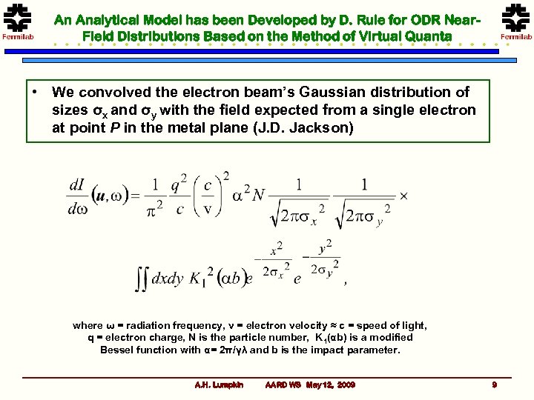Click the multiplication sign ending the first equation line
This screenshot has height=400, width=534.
point(403,196)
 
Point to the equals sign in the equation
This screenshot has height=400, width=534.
point(133,196)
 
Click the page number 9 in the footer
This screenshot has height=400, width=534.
point(494,384)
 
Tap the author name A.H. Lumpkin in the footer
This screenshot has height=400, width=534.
point(218,384)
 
